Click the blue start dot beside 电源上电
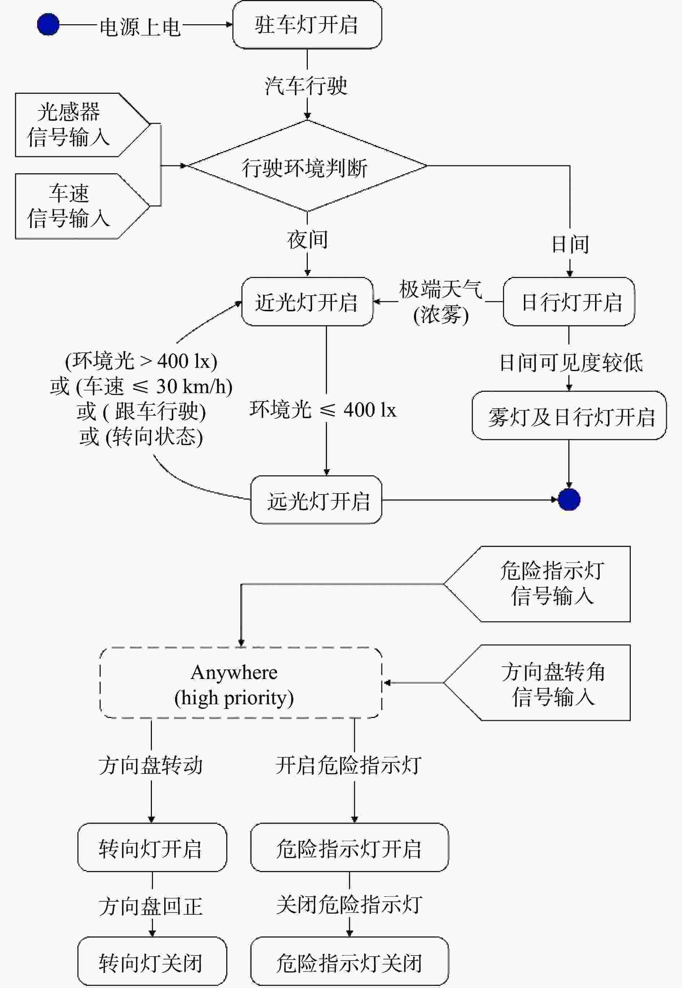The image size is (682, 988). pos(48,25)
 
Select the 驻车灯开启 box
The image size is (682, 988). pos(307,25)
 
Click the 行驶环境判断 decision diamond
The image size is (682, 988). pos(307,166)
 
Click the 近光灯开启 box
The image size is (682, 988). pos(307,302)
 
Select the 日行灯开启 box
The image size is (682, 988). pos(569,302)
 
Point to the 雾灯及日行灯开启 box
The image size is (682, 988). pos(569,415)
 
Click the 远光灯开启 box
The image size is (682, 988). pos(316,500)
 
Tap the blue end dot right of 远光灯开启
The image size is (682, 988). pos(569,500)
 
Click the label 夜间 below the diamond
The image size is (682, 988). pos(307,239)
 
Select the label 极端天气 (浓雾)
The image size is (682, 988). pos(441,302)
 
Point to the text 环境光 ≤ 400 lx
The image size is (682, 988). pos(323,410)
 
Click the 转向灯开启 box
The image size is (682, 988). pos(152,847)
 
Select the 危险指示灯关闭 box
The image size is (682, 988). pos(349,962)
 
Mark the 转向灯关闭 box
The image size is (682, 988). pos(152,962)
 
